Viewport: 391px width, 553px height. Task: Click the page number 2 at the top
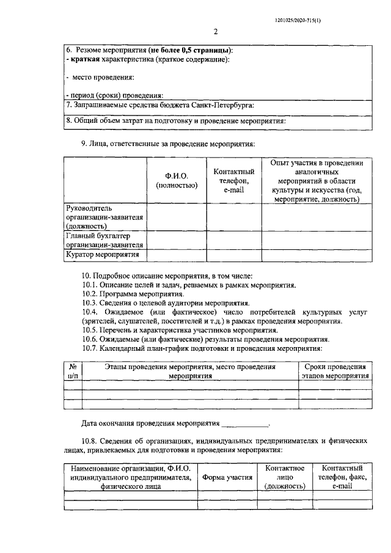coord(216,32)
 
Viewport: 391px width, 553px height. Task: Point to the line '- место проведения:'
coord(100,77)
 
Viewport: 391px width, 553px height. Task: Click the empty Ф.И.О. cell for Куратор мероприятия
coord(176,255)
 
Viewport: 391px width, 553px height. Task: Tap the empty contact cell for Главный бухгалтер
coord(234,240)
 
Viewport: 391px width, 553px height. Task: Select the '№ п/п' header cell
coord(73,372)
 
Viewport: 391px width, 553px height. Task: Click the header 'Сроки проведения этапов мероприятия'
coord(335,372)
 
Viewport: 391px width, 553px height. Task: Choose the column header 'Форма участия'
coord(227,478)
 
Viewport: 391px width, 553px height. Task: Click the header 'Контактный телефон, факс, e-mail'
coord(342,478)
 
